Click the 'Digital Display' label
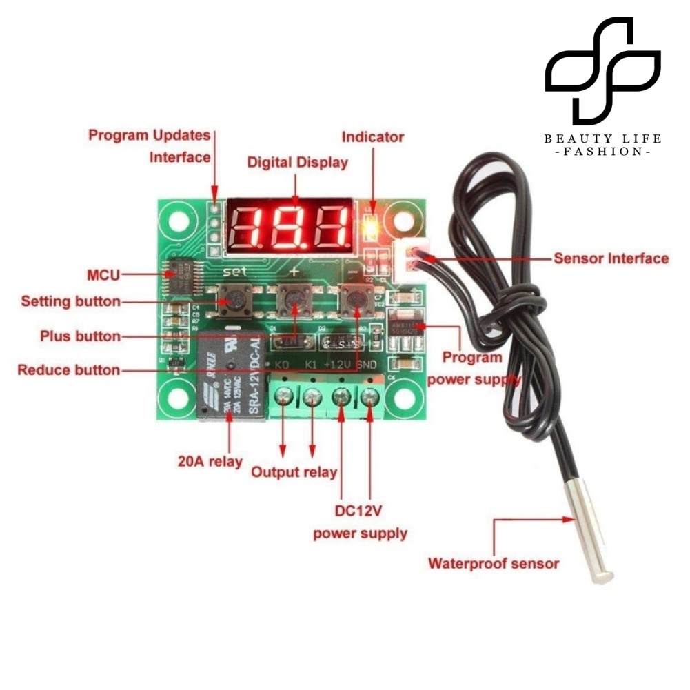(x=298, y=163)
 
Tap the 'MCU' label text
(x=103, y=275)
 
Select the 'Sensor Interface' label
(x=611, y=258)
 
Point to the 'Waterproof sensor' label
(x=494, y=563)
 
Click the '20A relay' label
(x=210, y=461)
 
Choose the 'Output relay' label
(x=294, y=472)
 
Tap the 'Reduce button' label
(x=68, y=370)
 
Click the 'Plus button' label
(x=80, y=336)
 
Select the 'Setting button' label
(x=70, y=301)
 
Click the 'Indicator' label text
(x=373, y=136)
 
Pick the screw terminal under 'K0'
(x=283, y=397)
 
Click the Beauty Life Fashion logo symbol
(x=602, y=69)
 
